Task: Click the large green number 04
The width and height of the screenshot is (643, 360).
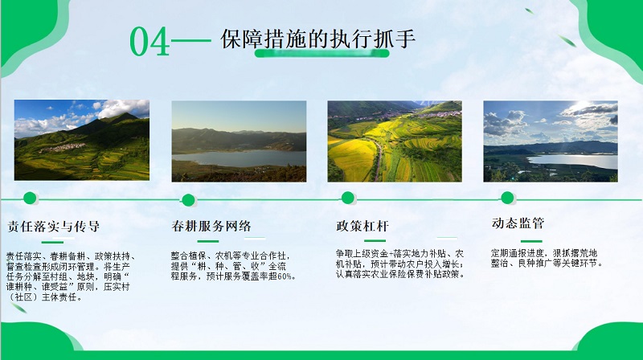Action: [x=149, y=42]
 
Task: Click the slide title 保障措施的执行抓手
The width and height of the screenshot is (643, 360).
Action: [x=318, y=39]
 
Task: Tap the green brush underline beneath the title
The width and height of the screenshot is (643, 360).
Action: [x=322, y=53]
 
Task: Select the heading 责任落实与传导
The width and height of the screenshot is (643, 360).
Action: [x=54, y=226]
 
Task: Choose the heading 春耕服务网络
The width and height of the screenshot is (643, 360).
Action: [x=211, y=226]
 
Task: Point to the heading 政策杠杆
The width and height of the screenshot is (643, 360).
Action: [x=362, y=226]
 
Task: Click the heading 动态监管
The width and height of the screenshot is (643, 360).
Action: [x=518, y=223]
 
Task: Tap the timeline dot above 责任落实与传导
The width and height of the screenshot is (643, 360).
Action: [x=30, y=198]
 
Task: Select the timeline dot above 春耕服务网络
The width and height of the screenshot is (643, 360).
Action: [x=188, y=200]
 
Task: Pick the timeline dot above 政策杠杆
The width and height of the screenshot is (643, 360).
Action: [x=348, y=198]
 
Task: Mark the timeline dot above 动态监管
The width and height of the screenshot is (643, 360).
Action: [x=507, y=198]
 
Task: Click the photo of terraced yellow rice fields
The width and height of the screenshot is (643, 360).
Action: [x=395, y=141]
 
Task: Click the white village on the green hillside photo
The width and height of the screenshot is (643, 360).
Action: [x=62, y=148]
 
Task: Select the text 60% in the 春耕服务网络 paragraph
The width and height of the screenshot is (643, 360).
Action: [x=285, y=276]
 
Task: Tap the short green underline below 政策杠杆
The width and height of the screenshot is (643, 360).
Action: [x=375, y=240]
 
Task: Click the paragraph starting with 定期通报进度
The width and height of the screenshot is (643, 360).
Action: [x=547, y=258]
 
